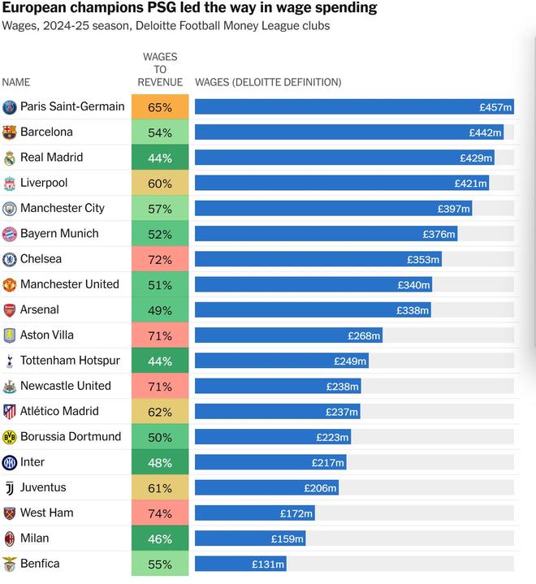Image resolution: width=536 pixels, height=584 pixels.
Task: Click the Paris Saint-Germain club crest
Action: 10,107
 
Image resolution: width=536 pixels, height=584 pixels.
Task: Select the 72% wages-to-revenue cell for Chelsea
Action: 160,260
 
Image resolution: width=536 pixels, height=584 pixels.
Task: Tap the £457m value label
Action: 495,107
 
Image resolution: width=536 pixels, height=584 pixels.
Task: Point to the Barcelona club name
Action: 46,132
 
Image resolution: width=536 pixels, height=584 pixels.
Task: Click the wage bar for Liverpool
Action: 341,184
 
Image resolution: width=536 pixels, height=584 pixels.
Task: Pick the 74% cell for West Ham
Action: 160,514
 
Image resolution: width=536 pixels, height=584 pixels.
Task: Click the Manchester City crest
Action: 10,209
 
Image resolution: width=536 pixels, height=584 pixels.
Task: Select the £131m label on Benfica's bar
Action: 267,565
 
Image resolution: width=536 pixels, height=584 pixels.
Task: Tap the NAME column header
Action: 16,82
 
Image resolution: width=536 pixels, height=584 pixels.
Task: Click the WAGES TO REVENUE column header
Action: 160,70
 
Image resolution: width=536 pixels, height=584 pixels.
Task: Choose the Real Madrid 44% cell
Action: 160,158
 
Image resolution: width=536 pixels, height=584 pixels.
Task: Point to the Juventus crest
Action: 10,488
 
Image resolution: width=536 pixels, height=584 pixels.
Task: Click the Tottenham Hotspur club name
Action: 70,360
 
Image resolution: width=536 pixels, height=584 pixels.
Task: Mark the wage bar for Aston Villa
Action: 288,335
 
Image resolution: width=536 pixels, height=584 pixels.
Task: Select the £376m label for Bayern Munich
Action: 439,235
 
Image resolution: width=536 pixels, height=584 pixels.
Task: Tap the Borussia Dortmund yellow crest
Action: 10,437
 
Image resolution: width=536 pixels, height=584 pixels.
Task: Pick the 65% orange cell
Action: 160,107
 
